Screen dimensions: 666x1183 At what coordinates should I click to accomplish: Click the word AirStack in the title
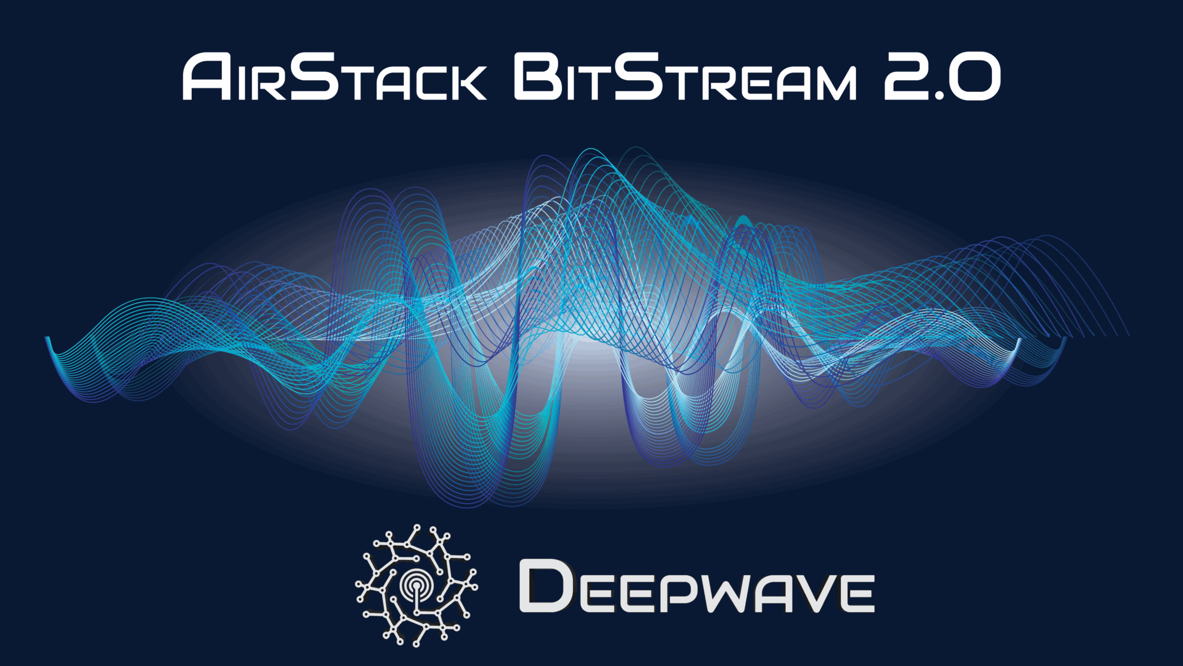[334, 77]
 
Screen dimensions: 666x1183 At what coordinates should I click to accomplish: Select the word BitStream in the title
[685, 77]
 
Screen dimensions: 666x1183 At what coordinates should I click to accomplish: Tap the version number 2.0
[942, 77]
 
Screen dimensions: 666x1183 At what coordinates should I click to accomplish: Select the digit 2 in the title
[907, 77]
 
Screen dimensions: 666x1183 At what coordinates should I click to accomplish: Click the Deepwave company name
[697, 587]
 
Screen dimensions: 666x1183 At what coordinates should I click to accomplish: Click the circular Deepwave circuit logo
[416, 585]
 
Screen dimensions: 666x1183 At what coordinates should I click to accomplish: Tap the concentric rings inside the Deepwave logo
[416, 585]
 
